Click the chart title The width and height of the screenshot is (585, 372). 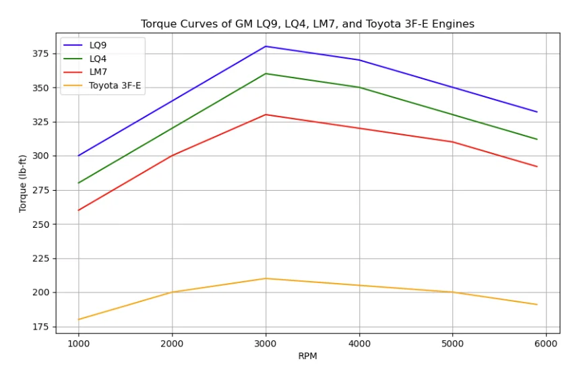(x=307, y=24)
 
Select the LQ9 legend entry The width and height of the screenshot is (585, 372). (x=98, y=45)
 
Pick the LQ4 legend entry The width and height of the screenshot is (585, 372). (x=98, y=59)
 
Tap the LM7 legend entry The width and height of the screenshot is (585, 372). (x=98, y=72)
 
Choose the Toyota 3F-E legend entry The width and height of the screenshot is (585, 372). (x=115, y=86)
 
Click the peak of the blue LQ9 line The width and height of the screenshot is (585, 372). (x=266, y=46)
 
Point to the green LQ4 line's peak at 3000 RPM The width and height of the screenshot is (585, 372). (x=266, y=73)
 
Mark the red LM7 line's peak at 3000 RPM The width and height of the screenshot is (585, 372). (x=266, y=115)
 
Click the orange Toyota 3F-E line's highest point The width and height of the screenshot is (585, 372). (x=266, y=278)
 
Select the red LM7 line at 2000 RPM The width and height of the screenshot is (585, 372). (x=172, y=156)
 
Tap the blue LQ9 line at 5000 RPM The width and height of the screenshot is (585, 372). (x=452, y=88)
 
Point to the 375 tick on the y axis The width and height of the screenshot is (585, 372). (x=41, y=53)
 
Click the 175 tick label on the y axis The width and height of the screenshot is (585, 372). (x=41, y=327)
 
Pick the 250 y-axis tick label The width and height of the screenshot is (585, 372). (x=41, y=224)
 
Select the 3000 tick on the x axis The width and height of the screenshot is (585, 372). (x=266, y=342)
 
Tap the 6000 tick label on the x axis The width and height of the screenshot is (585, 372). (x=546, y=342)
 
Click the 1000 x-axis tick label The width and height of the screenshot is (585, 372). (x=78, y=342)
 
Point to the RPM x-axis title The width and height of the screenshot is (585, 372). (x=307, y=356)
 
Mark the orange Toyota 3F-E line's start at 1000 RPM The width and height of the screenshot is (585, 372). (x=78, y=319)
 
